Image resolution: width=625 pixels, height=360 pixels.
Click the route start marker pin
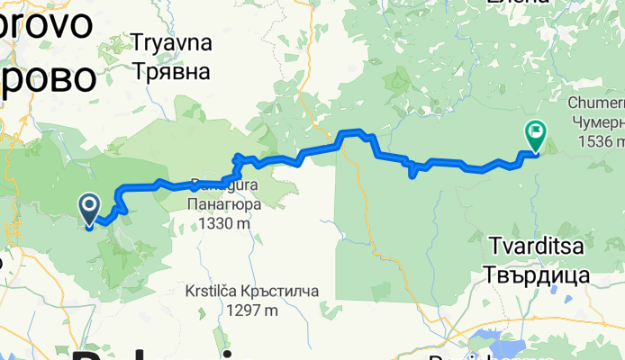tap(90, 209)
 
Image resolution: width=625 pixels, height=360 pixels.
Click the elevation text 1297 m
tap(228, 310)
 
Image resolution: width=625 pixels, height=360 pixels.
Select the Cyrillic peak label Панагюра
tap(224, 204)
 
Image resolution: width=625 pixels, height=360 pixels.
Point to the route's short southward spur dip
tap(412, 172)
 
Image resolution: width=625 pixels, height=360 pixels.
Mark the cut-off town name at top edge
tap(515, 4)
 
